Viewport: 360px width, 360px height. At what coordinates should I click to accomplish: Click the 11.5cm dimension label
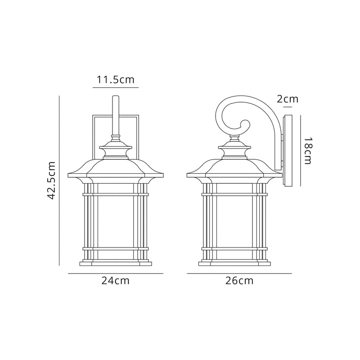tap(115, 80)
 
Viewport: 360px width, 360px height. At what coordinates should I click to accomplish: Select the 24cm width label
tap(116, 281)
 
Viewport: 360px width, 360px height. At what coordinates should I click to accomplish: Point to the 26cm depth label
tap(239, 281)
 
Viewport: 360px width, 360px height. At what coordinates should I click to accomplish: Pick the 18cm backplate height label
tap(307, 151)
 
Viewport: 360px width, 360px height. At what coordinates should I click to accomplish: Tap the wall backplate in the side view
tap(288, 151)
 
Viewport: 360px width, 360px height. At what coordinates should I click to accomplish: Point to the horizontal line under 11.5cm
tap(115, 88)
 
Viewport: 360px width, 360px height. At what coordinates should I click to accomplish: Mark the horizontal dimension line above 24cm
tap(116, 274)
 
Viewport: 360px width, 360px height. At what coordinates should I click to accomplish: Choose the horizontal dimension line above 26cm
tap(239, 274)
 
